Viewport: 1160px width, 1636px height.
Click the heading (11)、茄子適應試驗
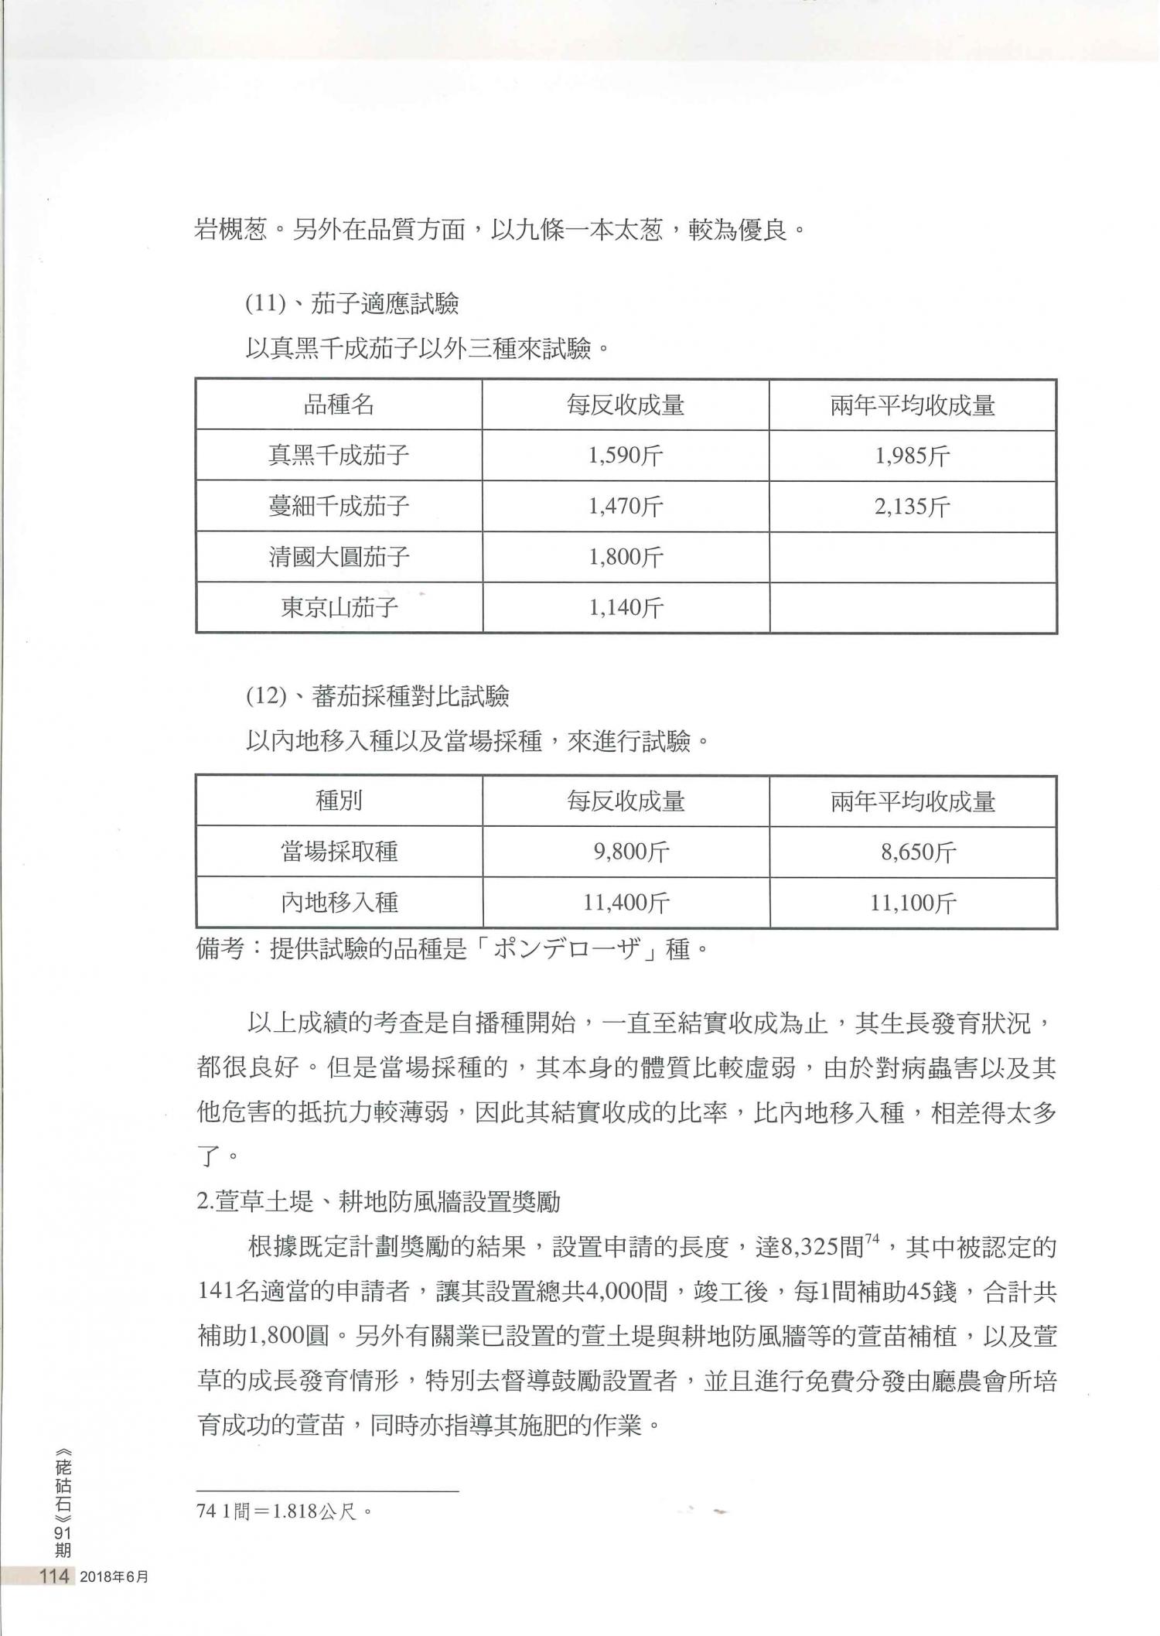click(x=353, y=305)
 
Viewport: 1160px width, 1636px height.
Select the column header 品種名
click(x=339, y=405)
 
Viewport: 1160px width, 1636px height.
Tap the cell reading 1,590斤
click(x=625, y=456)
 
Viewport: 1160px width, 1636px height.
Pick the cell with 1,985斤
click(x=913, y=456)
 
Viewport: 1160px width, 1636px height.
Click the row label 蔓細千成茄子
click(x=339, y=507)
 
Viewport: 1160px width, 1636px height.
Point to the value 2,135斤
click(x=913, y=507)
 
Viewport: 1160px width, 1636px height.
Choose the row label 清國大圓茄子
click(x=339, y=557)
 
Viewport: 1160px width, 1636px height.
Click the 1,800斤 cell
click(x=625, y=557)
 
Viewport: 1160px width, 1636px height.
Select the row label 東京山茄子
click(x=339, y=607)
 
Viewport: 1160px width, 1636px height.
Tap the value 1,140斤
click(x=625, y=608)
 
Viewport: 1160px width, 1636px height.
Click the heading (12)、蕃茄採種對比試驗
click(x=377, y=697)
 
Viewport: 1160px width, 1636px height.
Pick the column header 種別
click(x=339, y=801)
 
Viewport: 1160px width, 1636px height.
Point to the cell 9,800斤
click(x=625, y=852)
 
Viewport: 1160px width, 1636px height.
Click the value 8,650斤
click(x=913, y=852)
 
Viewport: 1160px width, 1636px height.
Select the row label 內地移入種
click(x=339, y=902)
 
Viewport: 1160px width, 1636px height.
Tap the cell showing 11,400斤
click(x=625, y=902)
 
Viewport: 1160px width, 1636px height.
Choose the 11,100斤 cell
click(x=913, y=902)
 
